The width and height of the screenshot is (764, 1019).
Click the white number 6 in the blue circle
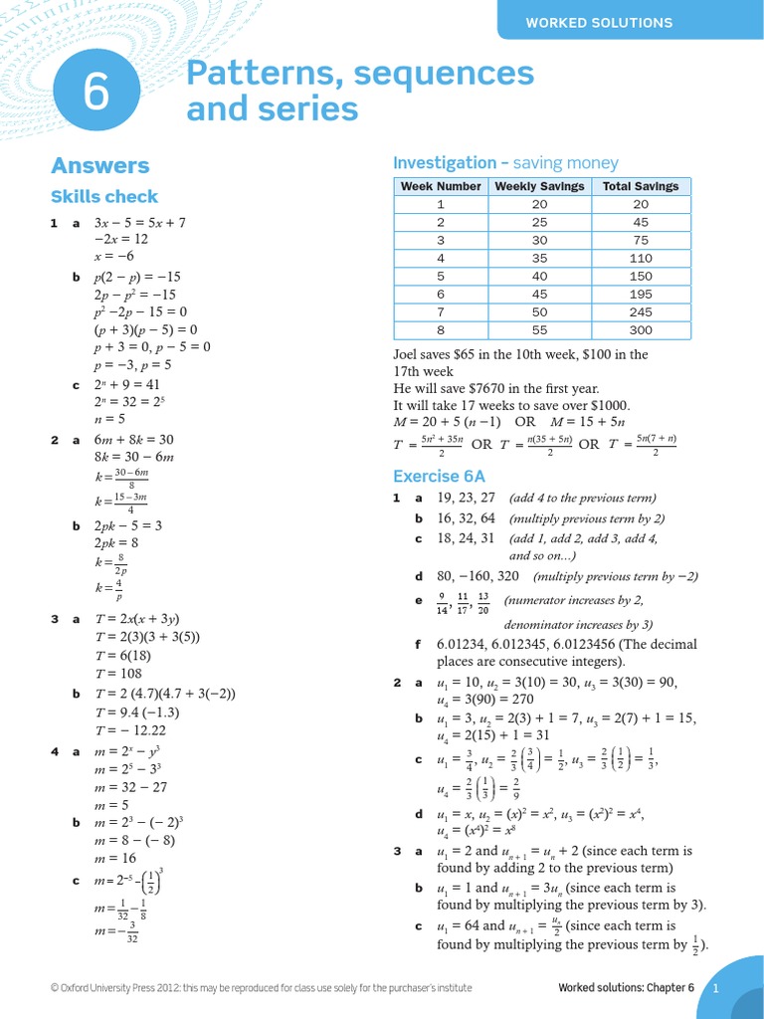pos(95,94)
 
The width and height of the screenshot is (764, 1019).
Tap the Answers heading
pos(99,166)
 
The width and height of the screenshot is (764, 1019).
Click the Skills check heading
pos(103,197)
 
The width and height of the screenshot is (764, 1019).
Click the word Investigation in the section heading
pos(445,162)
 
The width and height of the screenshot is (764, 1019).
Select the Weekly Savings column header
pos(538,186)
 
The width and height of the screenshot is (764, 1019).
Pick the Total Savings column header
pos(640,186)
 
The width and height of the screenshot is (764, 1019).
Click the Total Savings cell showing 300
pos(640,330)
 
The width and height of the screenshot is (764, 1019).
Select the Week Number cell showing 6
pos(440,295)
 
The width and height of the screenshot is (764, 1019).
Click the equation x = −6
pos(113,256)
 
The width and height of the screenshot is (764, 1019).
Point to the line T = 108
pos(119,673)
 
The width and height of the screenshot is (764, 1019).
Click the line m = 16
pos(115,858)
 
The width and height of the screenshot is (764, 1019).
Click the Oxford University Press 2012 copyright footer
pos(261,988)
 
